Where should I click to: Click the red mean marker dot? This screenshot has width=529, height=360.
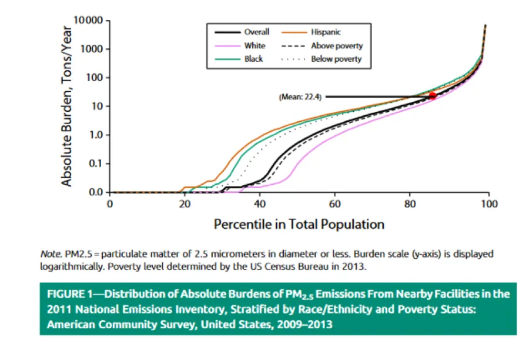click(433, 96)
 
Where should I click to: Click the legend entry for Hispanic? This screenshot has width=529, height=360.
click(326, 32)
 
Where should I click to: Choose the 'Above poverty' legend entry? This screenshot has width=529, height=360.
click(336, 46)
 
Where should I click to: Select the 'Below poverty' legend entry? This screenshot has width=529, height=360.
click(336, 59)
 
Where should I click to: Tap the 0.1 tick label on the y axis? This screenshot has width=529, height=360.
click(96, 164)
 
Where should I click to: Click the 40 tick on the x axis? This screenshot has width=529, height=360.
click(260, 204)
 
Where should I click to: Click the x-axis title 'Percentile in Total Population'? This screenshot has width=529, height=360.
click(299, 224)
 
